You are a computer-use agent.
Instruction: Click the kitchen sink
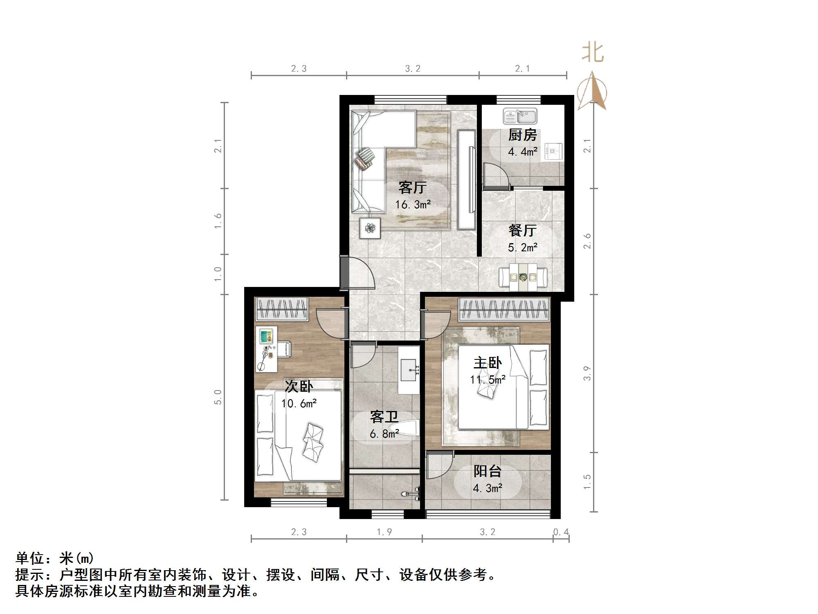point(520,117)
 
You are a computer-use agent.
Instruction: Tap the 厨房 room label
point(522,135)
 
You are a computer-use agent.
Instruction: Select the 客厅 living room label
point(412,188)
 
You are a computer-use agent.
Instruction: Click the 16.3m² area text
point(413,204)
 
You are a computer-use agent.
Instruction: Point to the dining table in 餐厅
point(523,277)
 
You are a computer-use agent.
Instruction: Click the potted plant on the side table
point(370,228)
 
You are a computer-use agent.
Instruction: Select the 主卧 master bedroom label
point(488,363)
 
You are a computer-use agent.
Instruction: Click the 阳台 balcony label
point(487,472)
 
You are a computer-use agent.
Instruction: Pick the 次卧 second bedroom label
point(299,386)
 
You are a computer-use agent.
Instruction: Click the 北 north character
point(593,53)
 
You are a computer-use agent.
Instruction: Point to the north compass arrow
point(592,92)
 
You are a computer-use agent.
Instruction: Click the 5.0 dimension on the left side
point(218,397)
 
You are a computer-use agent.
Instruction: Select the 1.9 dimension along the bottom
point(384,532)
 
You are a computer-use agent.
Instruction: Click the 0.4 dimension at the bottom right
point(561,532)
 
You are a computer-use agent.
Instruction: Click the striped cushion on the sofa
point(365,158)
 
